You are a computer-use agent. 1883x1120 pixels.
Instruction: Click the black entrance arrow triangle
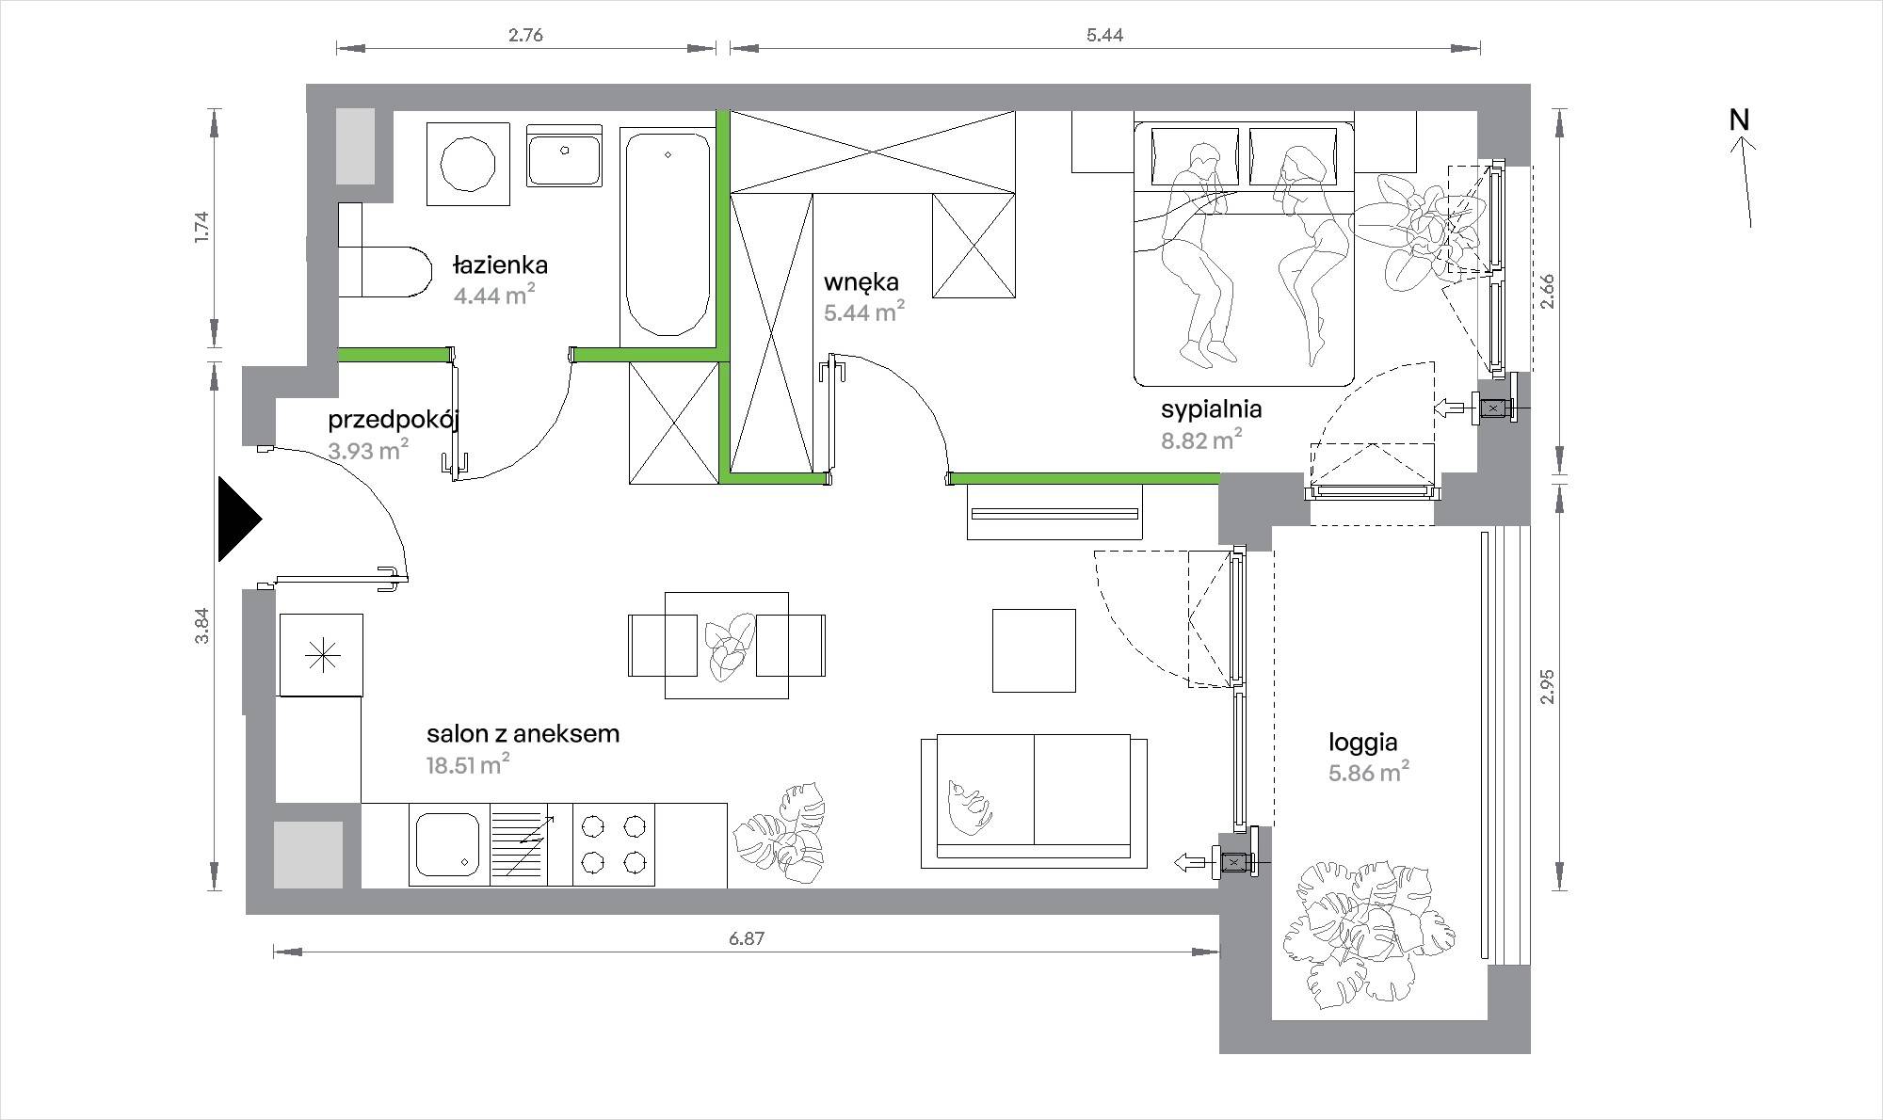coord(238,519)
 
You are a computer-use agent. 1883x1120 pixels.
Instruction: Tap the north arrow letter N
coord(1739,120)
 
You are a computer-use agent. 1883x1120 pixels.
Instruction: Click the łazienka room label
coord(500,264)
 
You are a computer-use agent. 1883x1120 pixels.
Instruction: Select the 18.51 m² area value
coord(469,764)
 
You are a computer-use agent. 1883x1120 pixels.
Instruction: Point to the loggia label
coord(1362,743)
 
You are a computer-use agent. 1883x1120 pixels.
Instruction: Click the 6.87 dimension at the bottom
coord(746,938)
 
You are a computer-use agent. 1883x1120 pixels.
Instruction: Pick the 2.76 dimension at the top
coord(525,36)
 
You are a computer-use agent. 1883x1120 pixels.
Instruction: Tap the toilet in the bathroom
coord(383,271)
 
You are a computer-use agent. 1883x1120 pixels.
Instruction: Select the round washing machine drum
coord(468,164)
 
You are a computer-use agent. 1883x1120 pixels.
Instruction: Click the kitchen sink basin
coord(448,844)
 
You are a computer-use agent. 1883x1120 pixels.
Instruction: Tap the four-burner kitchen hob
coord(614,844)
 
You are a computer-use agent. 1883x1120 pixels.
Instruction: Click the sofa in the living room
coord(1034,801)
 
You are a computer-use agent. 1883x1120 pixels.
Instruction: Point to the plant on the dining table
coord(729,646)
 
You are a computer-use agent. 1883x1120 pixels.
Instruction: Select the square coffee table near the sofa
coord(1034,650)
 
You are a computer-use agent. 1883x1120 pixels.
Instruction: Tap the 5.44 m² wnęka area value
coord(865,312)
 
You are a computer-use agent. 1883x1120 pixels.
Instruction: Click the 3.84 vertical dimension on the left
coord(201,626)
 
